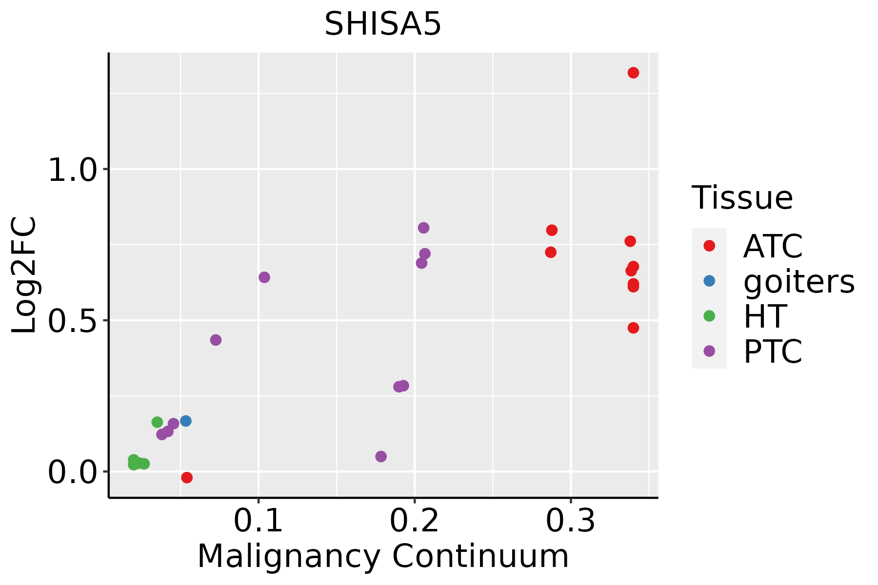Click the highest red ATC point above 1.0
[x=633, y=73]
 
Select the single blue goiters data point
[x=185, y=421]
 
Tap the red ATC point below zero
[x=187, y=477]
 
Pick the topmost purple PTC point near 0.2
[x=423, y=228]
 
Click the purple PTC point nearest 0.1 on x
[x=264, y=277]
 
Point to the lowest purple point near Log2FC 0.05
[x=381, y=456]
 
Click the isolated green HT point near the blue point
[x=157, y=422]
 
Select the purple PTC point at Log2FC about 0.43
[x=216, y=340]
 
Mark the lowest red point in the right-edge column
[x=633, y=328]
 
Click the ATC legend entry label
[x=773, y=246]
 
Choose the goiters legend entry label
[x=798, y=281]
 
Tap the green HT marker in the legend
[x=709, y=316]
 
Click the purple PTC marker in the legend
[x=709, y=351]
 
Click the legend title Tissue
[x=742, y=198]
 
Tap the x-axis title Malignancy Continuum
[x=383, y=556]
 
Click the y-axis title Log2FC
[x=24, y=275]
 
